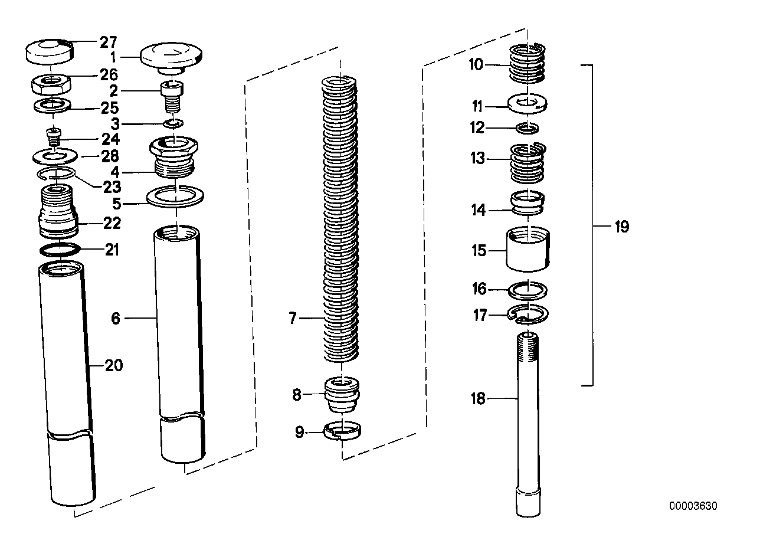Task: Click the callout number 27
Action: click(108, 42)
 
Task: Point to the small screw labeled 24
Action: click(55, 140)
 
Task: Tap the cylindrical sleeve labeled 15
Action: click(529, 250)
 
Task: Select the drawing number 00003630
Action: click(693, 506)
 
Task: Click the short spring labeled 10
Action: click(526, 64)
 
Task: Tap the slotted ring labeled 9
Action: click(343, 432)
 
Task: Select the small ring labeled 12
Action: click(528, 127)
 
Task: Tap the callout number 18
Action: click(477, 399)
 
